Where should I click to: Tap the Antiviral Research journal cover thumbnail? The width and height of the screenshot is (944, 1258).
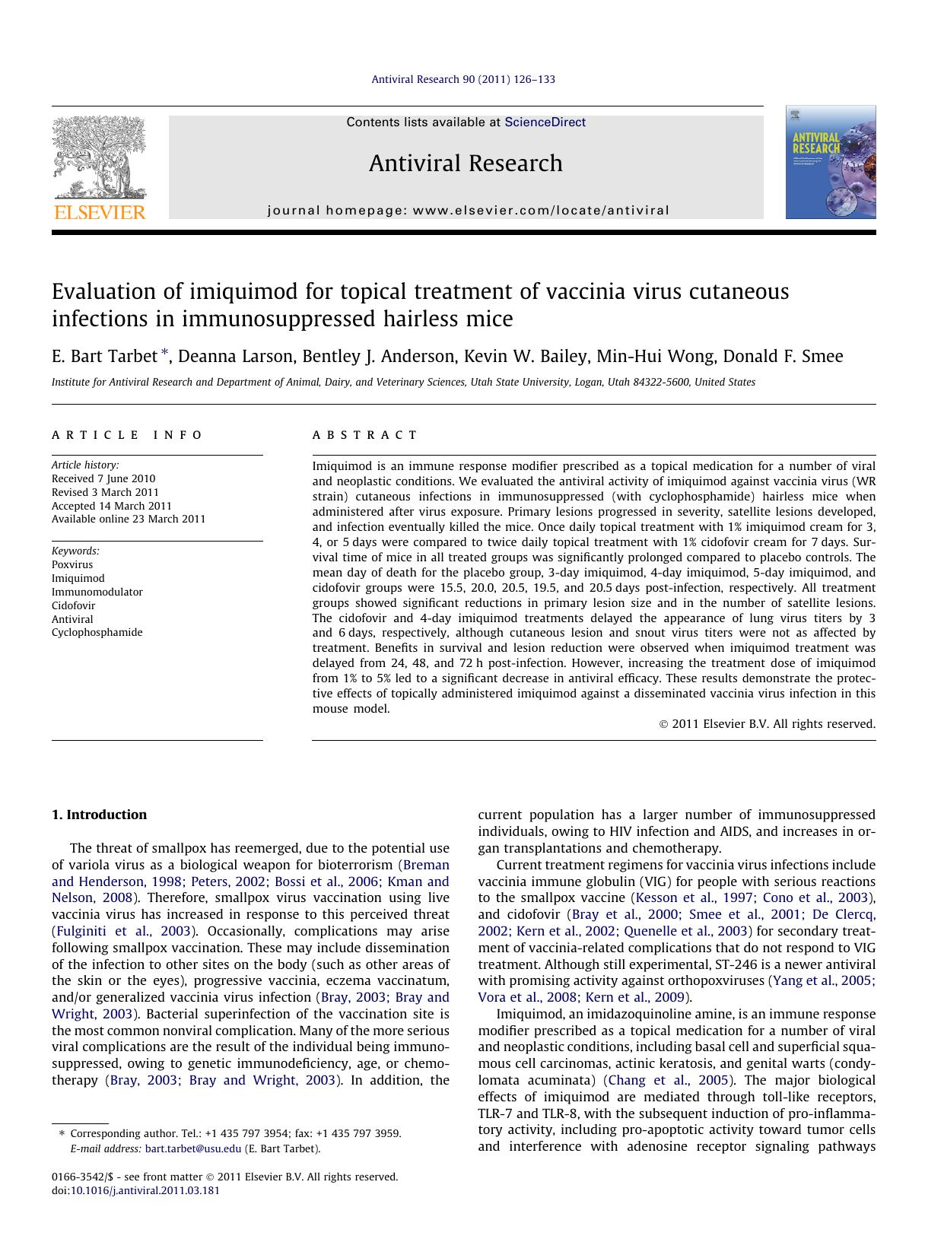pos(830,162)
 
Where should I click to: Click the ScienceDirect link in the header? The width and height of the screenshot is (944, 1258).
pos(545,122)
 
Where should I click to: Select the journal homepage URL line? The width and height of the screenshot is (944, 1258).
pos(468,211)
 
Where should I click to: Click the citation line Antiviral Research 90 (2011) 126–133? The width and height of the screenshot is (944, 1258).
pos(462,79)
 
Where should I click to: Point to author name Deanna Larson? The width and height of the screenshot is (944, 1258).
pos(236,357)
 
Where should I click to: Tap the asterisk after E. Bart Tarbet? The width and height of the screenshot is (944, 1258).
pos(164,354)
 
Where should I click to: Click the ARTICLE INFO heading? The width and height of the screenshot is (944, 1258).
pos(127,435)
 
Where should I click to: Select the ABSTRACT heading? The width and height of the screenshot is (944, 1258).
pos(364,435)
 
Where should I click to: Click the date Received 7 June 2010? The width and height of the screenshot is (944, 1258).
pos(103,478)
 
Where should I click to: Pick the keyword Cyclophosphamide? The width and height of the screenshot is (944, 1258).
pos(97,632)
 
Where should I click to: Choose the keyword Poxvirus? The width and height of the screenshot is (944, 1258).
pos(72,564)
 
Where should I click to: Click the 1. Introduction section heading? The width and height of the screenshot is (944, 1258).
pos(99,815)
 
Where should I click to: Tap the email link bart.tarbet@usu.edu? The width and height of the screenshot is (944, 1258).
pos(193,1148)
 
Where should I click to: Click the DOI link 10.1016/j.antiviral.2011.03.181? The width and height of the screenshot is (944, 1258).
pos(145,1190)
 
